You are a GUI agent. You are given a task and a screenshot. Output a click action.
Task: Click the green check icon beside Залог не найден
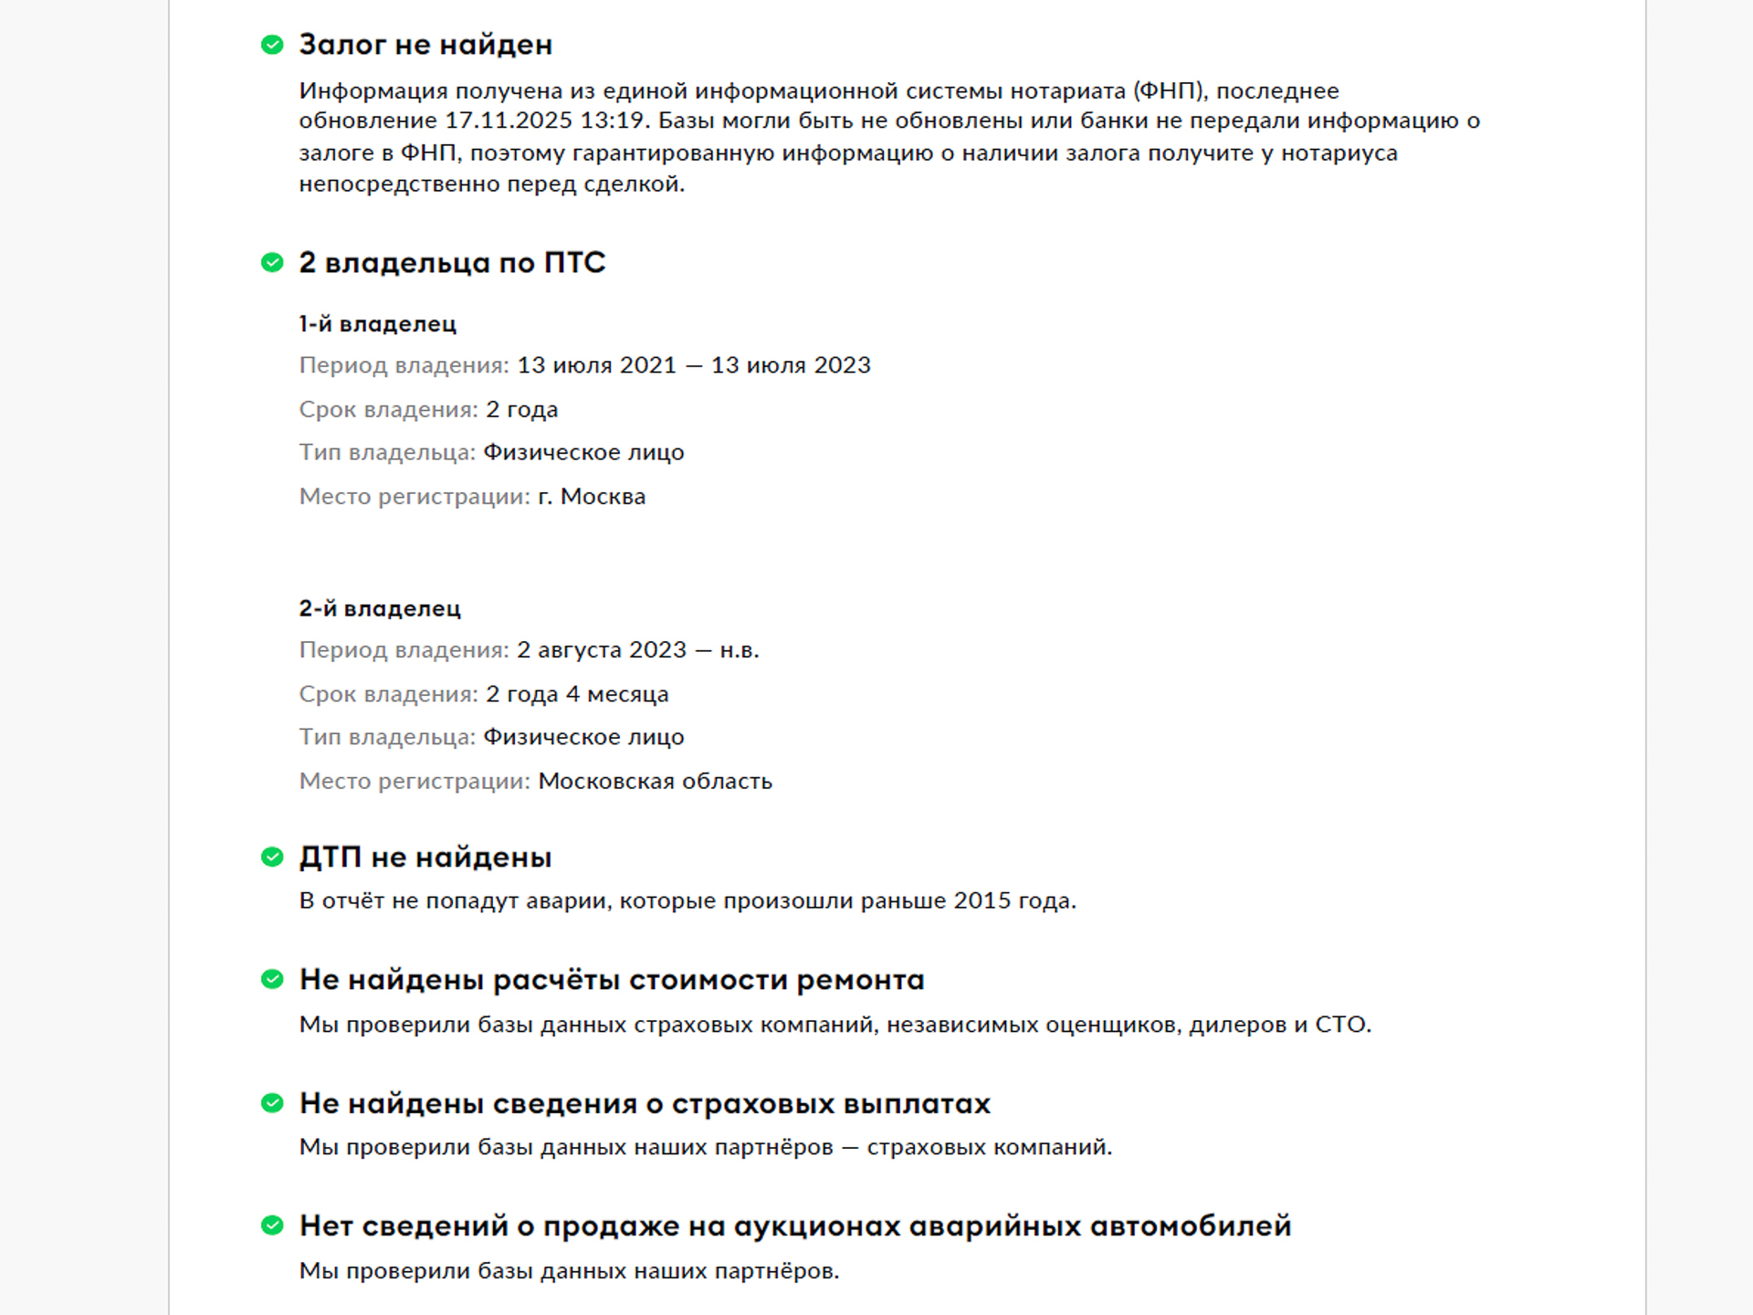272,45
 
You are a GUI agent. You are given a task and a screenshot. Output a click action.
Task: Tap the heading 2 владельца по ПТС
452,263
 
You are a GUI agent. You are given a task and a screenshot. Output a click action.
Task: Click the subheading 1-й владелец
377,324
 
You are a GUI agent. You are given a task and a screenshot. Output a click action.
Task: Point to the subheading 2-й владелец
380,609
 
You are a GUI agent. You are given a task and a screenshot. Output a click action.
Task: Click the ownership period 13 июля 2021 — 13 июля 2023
694,365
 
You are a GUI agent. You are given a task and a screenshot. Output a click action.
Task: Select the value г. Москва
592,497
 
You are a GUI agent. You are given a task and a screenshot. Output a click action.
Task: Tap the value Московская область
655,782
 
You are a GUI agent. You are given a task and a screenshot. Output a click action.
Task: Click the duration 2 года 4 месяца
577,694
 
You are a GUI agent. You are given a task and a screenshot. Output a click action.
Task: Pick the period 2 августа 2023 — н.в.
638,650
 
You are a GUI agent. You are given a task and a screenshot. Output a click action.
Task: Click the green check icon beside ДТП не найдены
272,857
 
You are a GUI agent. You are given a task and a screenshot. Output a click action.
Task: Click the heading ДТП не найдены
425,857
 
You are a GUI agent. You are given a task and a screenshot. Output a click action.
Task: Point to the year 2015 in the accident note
982,901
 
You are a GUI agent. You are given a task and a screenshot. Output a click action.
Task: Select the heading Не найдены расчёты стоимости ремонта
612,980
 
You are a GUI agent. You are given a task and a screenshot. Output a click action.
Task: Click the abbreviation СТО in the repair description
1340,1025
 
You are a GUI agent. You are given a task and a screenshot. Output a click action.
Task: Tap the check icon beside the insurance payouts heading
272,1103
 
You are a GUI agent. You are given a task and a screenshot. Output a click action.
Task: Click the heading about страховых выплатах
645,1103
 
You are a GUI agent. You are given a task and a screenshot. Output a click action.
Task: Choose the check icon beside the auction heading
272,1226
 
